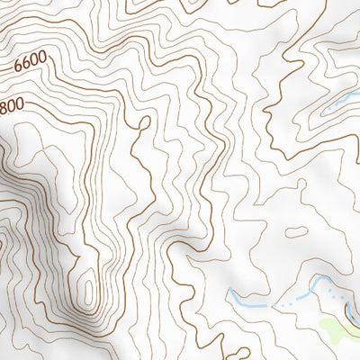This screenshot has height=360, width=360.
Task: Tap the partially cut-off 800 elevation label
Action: (x=11, y=106)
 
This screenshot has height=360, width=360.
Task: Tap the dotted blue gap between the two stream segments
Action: (x=286, y=304)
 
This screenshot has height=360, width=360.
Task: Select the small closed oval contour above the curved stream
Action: (x=294, y=232)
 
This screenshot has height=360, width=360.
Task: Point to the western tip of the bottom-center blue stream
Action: (x=229, y=292)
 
